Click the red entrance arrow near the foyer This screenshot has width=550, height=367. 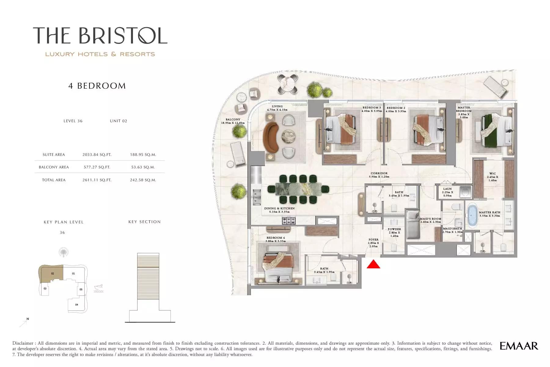point(373,264)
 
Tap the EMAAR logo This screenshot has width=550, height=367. point(519,346)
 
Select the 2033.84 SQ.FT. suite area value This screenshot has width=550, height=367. point(97,155)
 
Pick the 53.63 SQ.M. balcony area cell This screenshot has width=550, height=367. point(143,167)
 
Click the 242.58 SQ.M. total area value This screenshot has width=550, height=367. point(143,180)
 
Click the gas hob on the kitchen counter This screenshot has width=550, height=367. point(289,220)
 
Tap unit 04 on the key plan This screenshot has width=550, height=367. point(77,305)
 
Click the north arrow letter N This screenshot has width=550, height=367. point(28,319)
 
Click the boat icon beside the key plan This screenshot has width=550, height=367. point(99,288)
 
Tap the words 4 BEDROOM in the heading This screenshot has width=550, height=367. point(97,86)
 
